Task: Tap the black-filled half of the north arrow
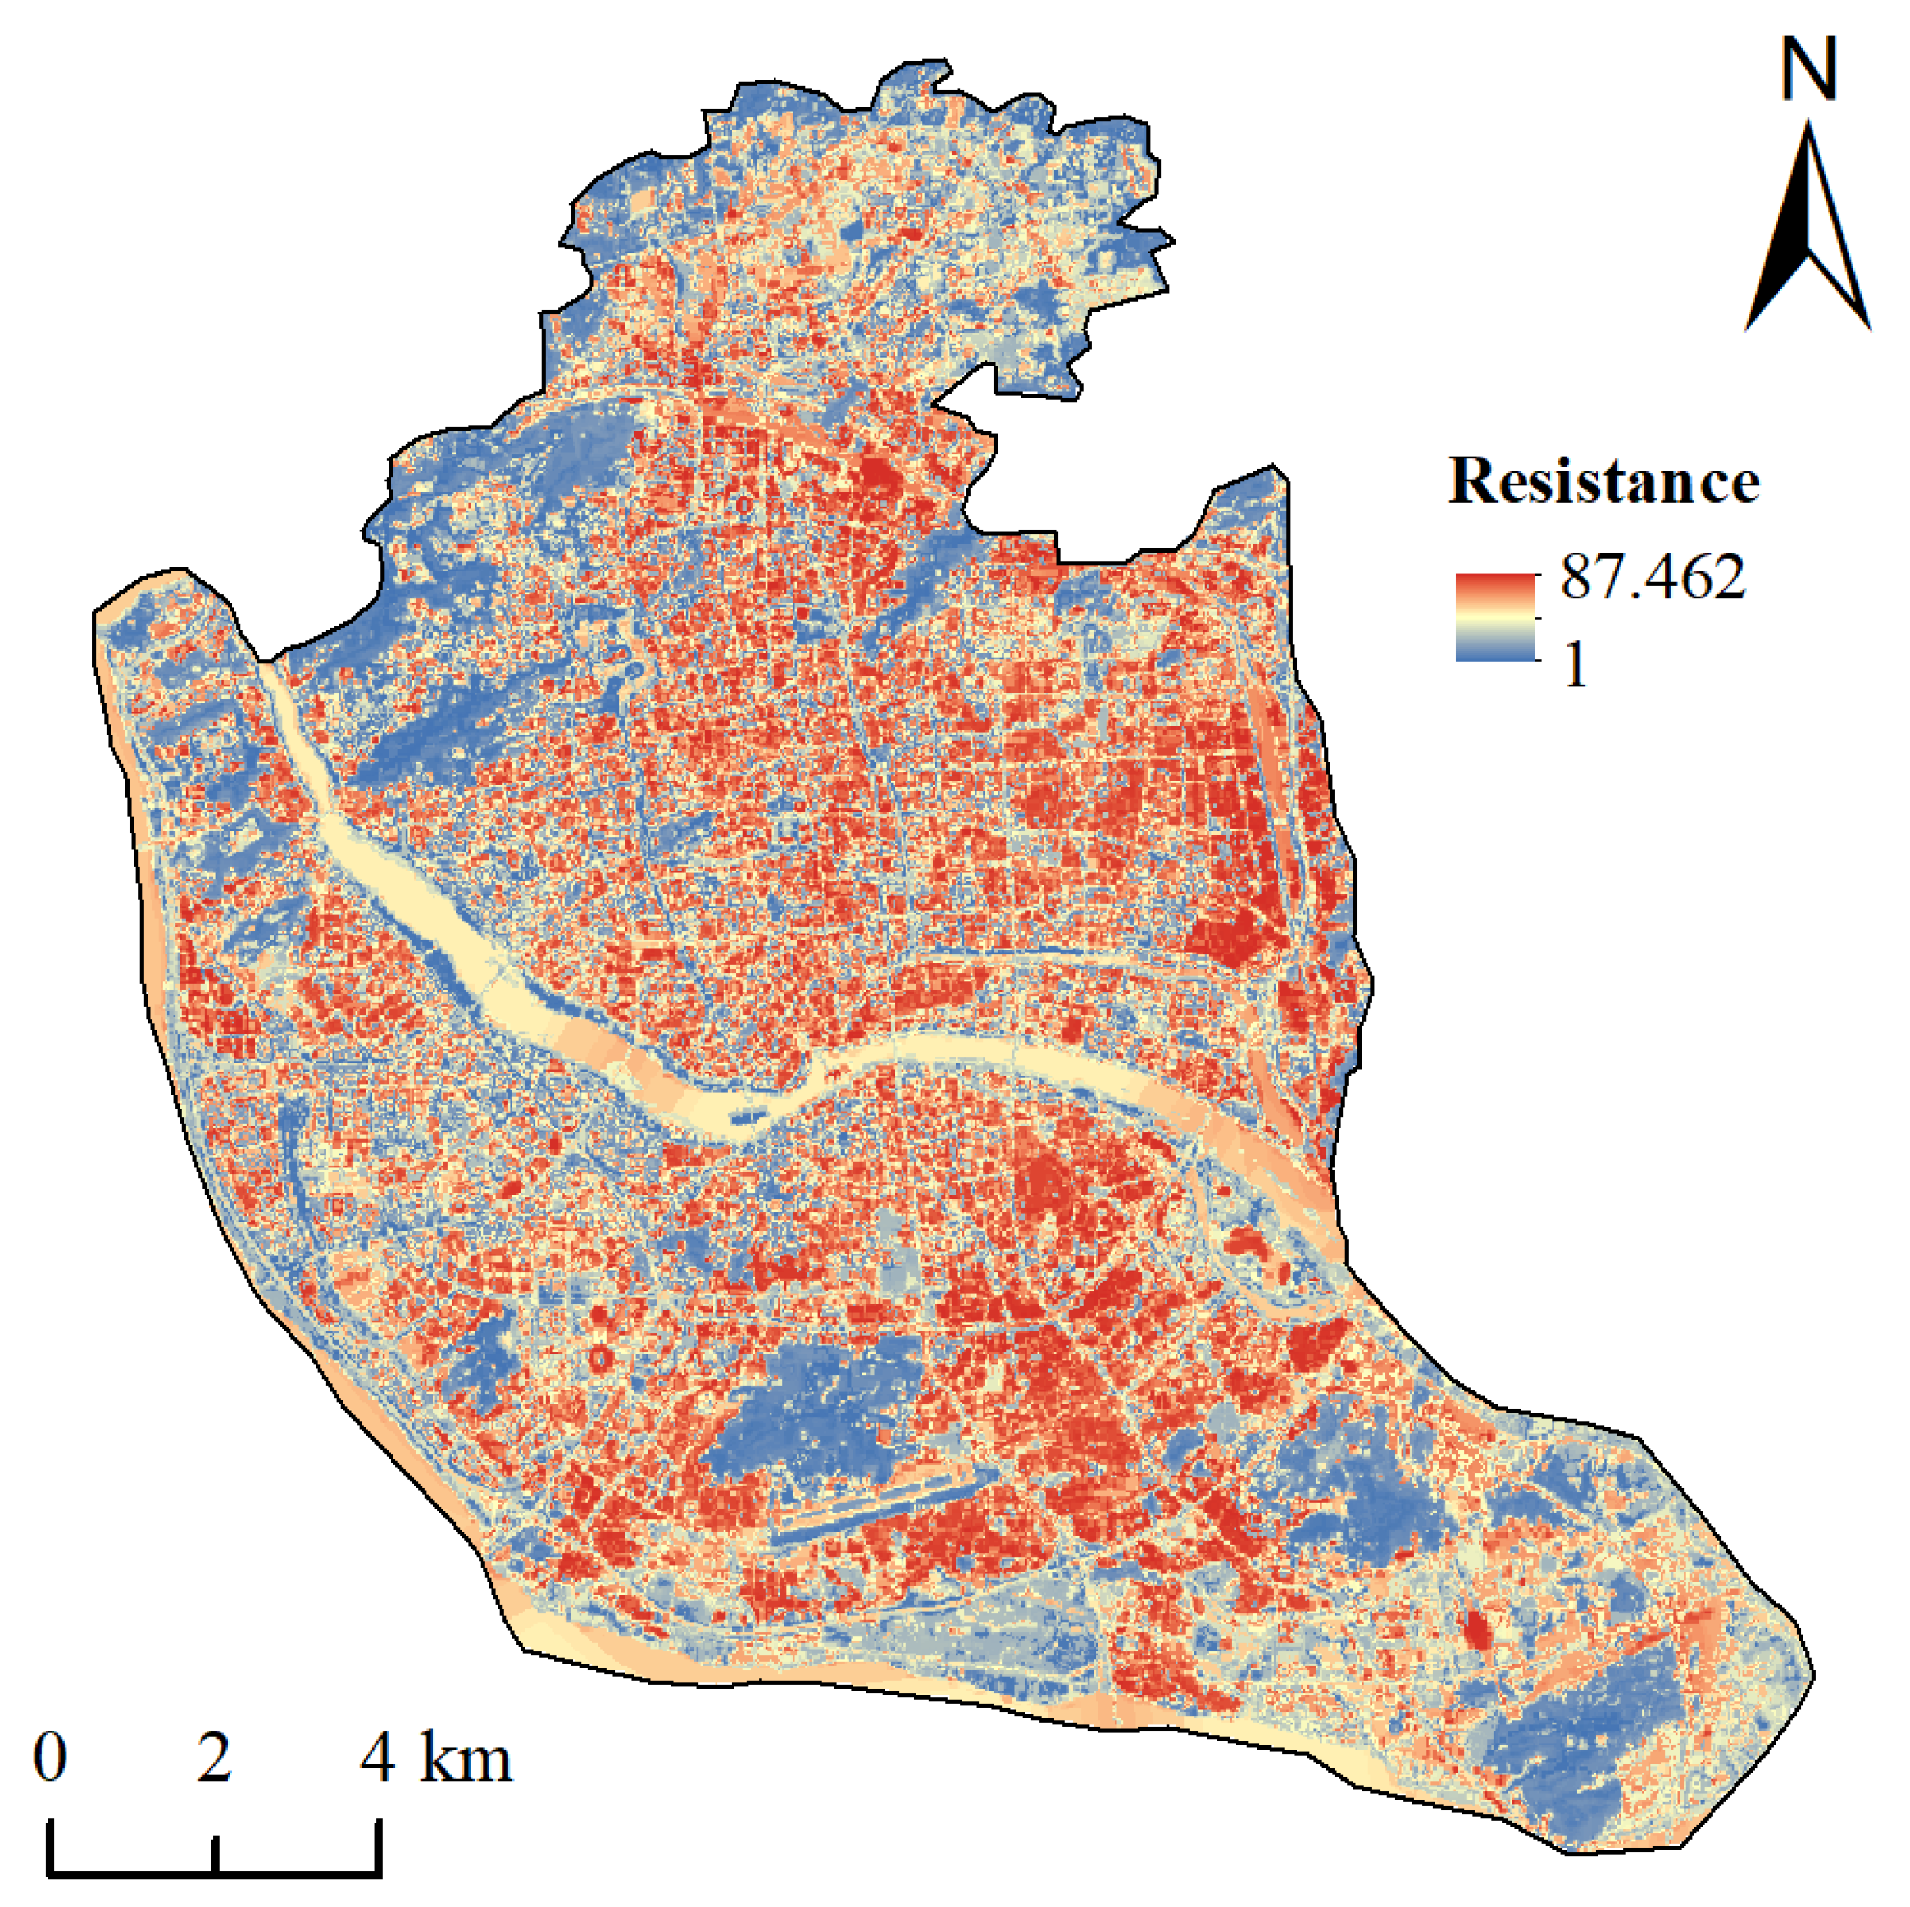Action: [x=1785, y=257]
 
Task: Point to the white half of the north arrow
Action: [x=1834, y=257]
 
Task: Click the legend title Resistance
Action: [x=1603, y=482]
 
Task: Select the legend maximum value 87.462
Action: [x=1653, y=576]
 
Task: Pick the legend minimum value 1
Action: [x=1575, y=666]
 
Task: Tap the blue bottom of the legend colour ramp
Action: [x=1494, y=649]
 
